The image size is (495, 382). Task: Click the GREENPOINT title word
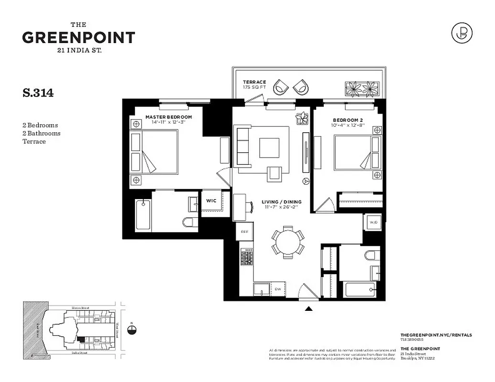[78, 38]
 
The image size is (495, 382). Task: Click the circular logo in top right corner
[462, 33]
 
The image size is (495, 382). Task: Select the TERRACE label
[254, 82]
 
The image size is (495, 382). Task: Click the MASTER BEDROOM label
[168, 117]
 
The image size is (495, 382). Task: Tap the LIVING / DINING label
[282, 202]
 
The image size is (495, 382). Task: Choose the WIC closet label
[211, 201]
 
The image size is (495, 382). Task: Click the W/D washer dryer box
[373, 222]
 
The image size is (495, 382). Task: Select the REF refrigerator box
[244, 232]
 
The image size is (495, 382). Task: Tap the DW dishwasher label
[277, 289]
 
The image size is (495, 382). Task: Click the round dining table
[288, 242]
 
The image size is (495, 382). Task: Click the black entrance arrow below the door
[309, 309]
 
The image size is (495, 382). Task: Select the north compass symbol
[132, 329]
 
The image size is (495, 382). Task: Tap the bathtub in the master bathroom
[143, 215]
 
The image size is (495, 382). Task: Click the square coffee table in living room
[269, 148]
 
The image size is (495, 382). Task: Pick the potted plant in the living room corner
[302, 118]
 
